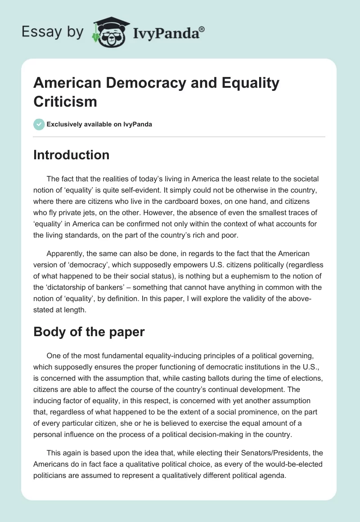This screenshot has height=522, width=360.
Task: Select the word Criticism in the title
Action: coord(65,101)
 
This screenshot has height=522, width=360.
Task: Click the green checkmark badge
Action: coord(39,124)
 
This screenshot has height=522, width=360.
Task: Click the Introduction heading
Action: coord(72,155)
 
